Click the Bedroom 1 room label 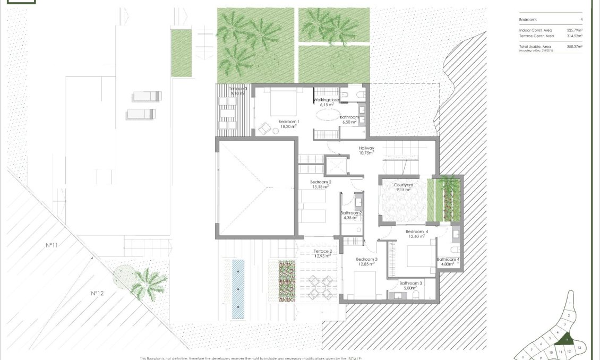(289, 122)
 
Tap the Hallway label (366, 148)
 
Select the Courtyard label (404, 185)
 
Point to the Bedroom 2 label (321, 182)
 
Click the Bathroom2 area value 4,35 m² (350, 218)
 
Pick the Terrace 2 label (323, 251)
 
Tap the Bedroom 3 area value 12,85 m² (365, 264)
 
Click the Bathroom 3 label (410, 283)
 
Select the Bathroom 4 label (448, 260)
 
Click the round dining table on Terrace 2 (320, 289)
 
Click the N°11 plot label (51, 245)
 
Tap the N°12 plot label (96, 293)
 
